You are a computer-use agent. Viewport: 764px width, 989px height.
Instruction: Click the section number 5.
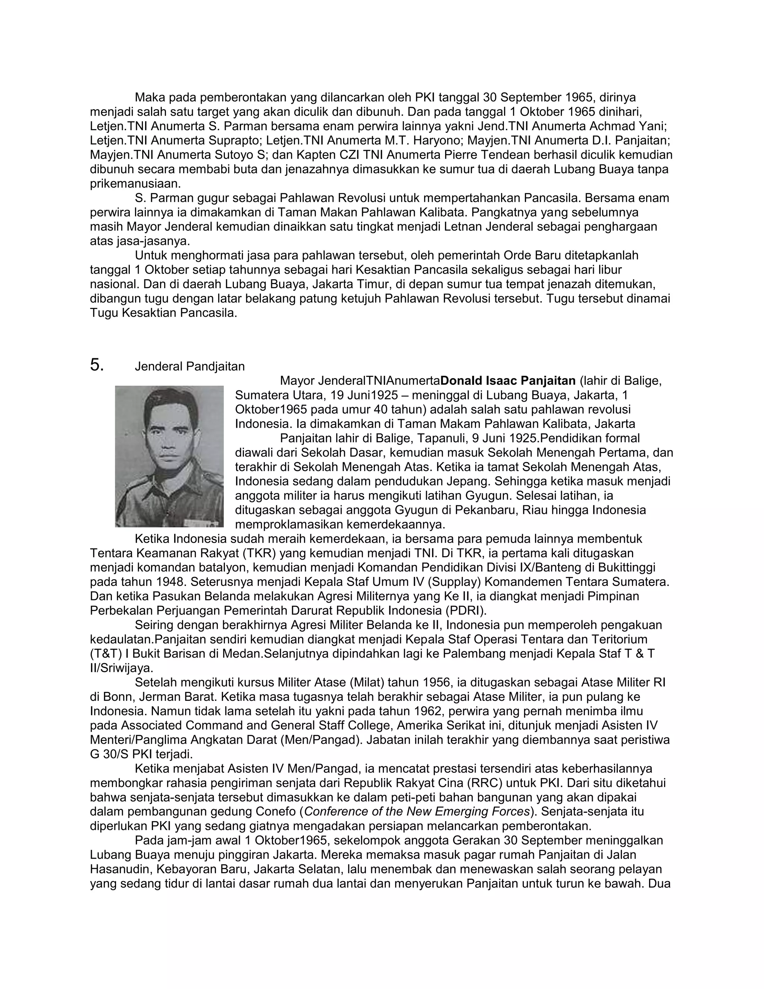pyautogui.click(x=97, y=365)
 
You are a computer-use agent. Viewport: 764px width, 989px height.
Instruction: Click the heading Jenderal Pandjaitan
pyautogui.click(x=190, y=366)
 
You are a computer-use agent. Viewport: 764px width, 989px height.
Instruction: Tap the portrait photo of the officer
pyautogui.click(x=169, y=456)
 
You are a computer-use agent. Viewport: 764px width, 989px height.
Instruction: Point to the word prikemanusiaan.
pyautogui.click(x=135, y=184)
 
